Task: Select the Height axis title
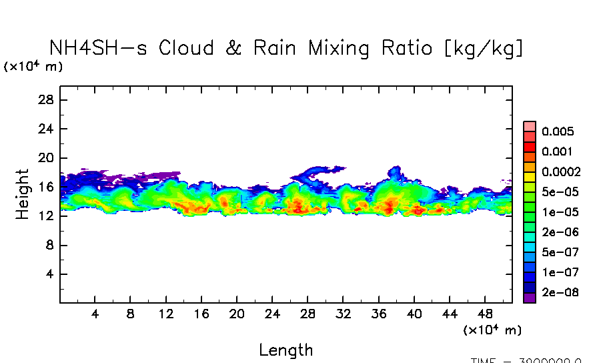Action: point(23,194)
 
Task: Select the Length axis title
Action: point(285,350)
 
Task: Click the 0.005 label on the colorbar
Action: point(558,131)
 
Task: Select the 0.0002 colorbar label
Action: point(561,171)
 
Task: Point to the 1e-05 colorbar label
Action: point(558,212)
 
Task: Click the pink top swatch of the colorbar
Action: point(530,126)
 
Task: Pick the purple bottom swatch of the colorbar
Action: point(530,298)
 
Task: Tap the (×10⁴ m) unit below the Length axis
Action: point(492,330)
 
